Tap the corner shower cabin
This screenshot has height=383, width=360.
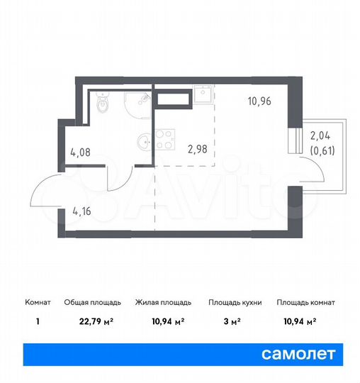(139, 105)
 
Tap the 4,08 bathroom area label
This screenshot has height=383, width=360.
(80, 150)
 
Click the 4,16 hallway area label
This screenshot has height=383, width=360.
(83, 211)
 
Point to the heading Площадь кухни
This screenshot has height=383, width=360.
(235, 303)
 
